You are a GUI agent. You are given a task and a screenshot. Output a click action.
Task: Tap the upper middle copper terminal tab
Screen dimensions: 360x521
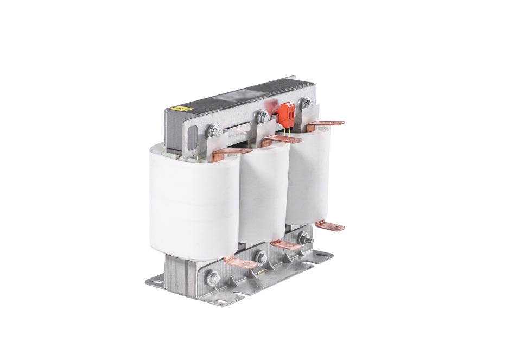(x=281, y=140)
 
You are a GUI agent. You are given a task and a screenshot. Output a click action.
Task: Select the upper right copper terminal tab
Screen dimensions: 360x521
(x=326, y=124)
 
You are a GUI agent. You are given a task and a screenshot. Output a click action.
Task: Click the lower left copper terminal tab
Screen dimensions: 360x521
(x=241, y=263)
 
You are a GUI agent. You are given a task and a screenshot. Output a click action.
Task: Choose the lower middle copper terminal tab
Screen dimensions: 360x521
(x=286, y=244)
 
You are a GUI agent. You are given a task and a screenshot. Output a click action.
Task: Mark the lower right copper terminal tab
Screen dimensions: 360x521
(x=331, y=225)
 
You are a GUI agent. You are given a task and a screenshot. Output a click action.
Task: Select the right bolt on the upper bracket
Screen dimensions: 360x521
(x=306, y=102)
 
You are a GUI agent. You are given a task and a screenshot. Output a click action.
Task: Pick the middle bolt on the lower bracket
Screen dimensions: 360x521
(x=262, y=257)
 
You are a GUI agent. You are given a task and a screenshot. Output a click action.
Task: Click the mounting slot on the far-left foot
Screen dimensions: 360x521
(x=155, y=281)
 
